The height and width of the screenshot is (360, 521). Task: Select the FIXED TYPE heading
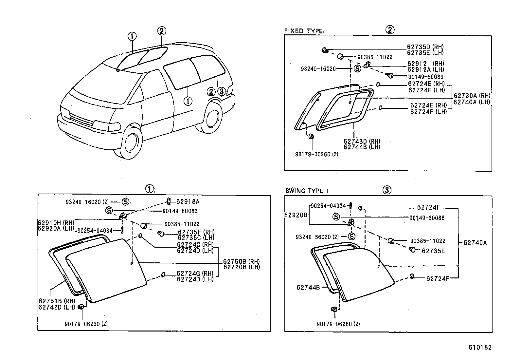click(303, 31)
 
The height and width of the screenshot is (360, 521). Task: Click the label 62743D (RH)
click(362, 142)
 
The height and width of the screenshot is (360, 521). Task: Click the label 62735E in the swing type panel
click(433, 251)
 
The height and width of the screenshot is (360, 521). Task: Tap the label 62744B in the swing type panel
click(308, 287)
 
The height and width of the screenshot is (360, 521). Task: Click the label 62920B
click(296, 215)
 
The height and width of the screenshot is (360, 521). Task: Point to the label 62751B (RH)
click(57, 301)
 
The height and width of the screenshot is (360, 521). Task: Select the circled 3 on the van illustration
click(222, 91)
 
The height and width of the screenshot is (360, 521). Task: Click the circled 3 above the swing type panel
click(387, 190)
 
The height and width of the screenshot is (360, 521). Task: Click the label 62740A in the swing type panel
click(475, 243)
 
